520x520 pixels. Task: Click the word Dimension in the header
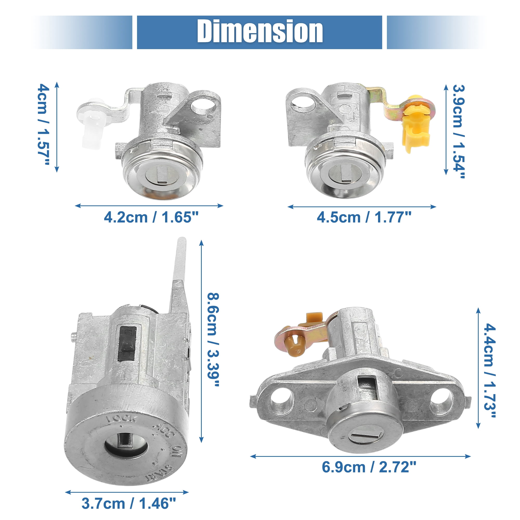[260, 31]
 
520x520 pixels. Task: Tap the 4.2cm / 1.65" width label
[151, 217]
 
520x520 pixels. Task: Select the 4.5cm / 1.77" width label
[364, 217]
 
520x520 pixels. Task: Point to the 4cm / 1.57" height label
[43, 124]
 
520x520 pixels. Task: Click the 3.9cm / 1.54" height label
[458, 131]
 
